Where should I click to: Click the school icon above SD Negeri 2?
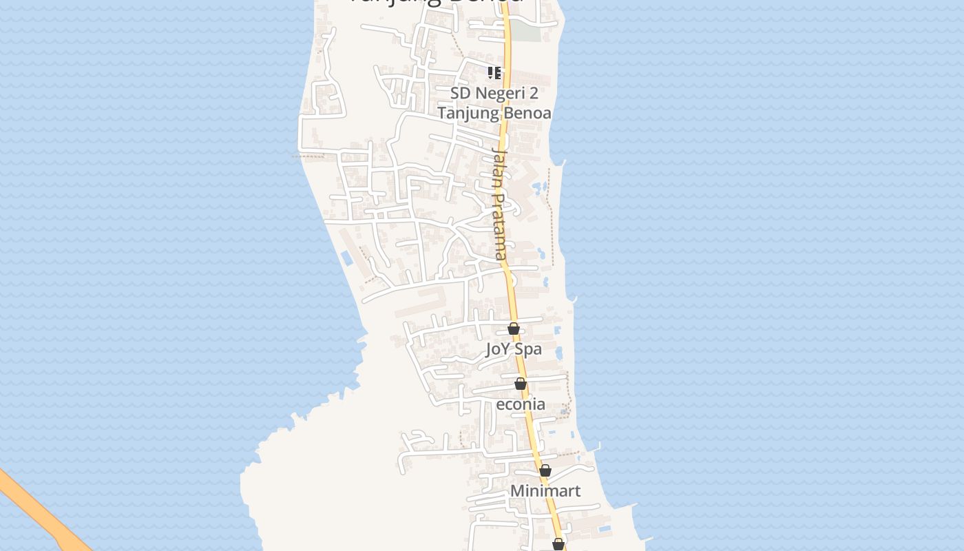tap(494, 72)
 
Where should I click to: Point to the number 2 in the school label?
tap(533, 93)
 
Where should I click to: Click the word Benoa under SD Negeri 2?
tap(527, 113)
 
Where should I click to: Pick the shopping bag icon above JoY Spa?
tap(514, 329)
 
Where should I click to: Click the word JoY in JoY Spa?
tap(499, 349)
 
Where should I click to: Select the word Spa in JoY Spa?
tap(528, 349)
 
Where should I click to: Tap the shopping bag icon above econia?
tap(521, 384)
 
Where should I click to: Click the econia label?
tap(521, 404)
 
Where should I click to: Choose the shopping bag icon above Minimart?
tap(545, 470)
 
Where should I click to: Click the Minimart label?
tap(545, 491)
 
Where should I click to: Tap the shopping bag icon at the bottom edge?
tap(558, 544)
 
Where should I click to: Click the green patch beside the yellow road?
tap(525, 31)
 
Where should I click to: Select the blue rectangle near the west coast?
tap(346, 258)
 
